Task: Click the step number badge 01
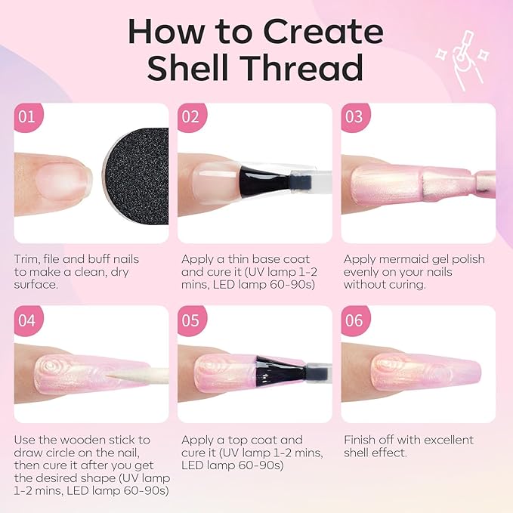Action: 28,117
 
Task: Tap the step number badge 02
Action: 191,117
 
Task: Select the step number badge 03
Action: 355,117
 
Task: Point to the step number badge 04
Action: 28,320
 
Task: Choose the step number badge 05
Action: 191,320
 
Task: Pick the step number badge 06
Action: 355,320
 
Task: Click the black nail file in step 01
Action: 137,176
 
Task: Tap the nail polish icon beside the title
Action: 462,60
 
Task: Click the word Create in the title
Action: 323,32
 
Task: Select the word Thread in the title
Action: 304,67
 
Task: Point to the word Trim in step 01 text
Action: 26,259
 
